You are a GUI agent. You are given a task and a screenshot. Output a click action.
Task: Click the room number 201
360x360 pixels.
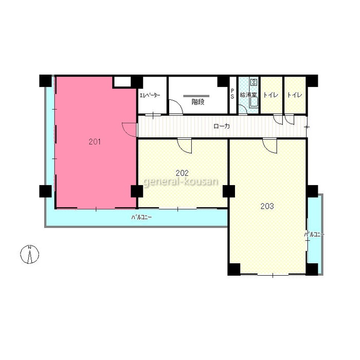pyautogui.click(x=95, y=142)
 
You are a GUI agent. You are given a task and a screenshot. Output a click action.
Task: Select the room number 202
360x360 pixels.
pyautogui.click(x=182, y=173)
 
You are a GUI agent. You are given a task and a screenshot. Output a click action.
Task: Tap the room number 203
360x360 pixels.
pyautogui.click(x=267, y=206)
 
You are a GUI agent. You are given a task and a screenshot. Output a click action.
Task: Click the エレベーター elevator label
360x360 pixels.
pyautogui.click(x=150, y=95)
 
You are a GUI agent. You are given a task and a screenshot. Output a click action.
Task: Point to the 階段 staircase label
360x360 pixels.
pyautogui.click(x=198, y=102)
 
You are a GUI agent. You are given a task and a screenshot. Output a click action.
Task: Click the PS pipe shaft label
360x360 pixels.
pyautogui.click(x=232, y=94)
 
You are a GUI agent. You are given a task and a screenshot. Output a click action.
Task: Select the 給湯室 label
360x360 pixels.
pyautogui.click(x=248, y=95)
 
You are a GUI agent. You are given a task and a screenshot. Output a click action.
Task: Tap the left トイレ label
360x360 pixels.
pyautogui.click(x=271, y=95)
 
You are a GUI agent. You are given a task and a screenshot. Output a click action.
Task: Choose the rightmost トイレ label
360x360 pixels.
pyautogui.click(x=295, y=95)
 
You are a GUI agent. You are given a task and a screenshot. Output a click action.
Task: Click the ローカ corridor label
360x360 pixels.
pyautogui.click(x=222, y=126)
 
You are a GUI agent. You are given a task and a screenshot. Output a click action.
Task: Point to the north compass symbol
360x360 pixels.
pyautogui.click(x=30, y=255)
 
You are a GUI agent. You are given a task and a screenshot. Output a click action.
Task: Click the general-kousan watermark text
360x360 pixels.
pyautogui.click(x=181, y=182)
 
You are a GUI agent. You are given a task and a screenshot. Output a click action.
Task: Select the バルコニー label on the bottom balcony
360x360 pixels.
pyautogui.click(x=141, y=217)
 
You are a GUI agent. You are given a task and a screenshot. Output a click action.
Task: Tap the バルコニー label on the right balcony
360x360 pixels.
pyautogui.click(x=314, y=235)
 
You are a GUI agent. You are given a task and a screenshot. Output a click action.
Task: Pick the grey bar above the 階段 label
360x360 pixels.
pyautogui.click(x=196, y=96)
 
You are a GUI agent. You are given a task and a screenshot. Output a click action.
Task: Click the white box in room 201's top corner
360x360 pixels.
pyautogui.click(x=122, y=81)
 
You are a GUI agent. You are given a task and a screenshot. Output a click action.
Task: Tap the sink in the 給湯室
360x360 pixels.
pyautogui.click(x=254, y=102)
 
